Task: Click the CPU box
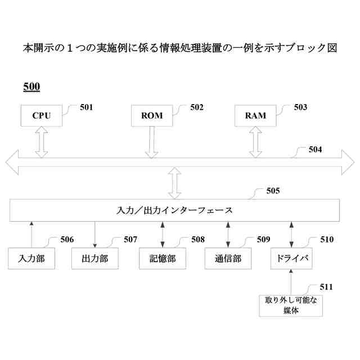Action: click(41, 116)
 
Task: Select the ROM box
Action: click(152, 116)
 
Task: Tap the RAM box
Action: click(255, 116)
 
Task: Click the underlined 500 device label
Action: click(31, 87)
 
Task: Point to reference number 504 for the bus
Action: click(316, 150)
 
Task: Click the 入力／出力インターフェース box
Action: click(174, 210)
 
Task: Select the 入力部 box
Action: click(31, 258)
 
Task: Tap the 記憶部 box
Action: click(162, 258)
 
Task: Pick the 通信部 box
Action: click(228, 258)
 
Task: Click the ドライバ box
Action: click(291, 258)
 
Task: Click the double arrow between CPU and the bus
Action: click(41, 141)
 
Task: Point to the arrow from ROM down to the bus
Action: click(152, 141)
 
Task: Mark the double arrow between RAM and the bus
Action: click(255, 141)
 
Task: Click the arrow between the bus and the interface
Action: click(174, 183)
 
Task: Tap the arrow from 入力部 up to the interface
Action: click(31, 234)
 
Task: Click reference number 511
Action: click(326, 287)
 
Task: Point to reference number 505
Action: click(273, 191)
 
